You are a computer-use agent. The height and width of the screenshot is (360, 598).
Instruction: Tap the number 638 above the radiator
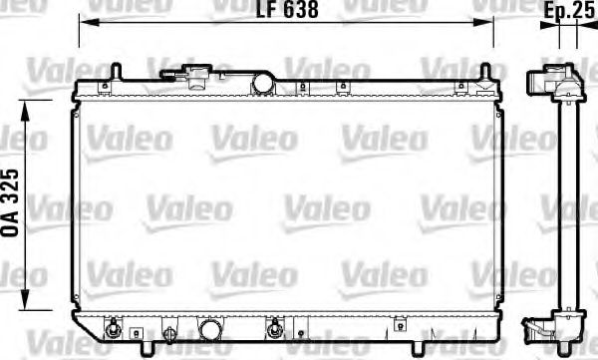300,10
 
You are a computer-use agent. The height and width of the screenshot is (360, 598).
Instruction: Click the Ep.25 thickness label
567,10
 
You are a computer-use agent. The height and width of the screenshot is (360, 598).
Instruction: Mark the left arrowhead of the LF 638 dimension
84,20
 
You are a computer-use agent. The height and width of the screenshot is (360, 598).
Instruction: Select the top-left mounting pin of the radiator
116,72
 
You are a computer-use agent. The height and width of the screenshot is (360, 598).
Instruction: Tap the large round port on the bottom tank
210,329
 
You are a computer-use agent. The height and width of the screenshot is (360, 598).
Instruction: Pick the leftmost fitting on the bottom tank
115,327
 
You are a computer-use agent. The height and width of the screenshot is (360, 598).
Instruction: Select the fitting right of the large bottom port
273,327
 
